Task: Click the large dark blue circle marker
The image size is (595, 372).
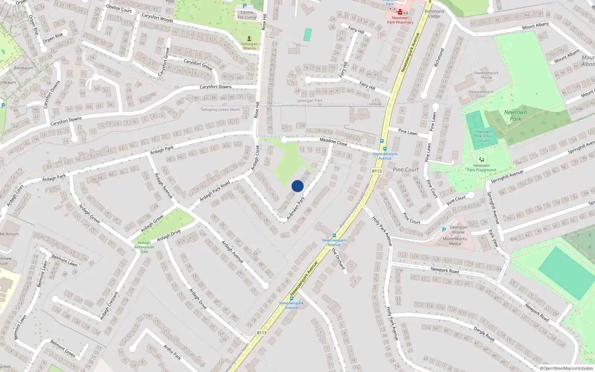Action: [297, 186]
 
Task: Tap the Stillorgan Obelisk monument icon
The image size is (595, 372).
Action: [249, 38]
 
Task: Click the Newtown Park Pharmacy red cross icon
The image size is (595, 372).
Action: [400, 12]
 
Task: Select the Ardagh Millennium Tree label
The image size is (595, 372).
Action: [144, 247]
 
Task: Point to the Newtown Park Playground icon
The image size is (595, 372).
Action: [481, 159]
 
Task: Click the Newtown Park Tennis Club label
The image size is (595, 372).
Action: [483, 136]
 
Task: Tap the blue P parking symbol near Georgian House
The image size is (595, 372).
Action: [444, 230]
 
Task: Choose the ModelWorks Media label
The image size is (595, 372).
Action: [455, 241]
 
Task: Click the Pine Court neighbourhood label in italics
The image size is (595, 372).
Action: [406, 170]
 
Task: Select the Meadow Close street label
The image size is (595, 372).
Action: [333, 142]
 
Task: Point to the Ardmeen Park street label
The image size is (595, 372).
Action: [296, 208]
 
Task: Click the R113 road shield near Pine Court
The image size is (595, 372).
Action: [377, 171]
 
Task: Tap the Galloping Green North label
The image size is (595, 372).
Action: [221, 109]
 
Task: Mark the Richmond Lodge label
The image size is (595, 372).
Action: [434, 14]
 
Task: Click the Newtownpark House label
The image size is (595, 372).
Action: [486, 75]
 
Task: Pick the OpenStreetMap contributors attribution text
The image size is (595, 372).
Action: [566, 368]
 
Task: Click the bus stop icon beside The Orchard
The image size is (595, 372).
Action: [334, 235]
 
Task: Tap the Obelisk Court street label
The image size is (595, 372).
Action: [119, 9]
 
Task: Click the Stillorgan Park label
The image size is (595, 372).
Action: [309, 101]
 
